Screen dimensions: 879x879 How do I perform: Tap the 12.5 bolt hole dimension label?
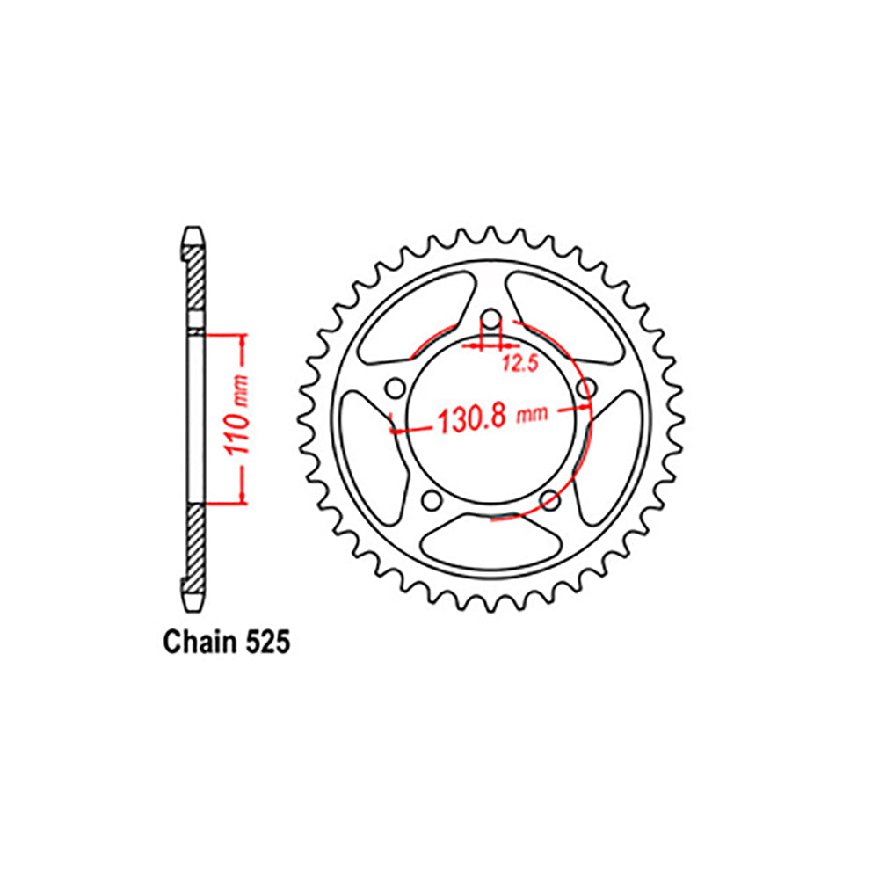point(519,365)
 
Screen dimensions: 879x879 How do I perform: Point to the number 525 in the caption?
point(263,643)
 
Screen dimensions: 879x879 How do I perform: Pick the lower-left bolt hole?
point(431,500)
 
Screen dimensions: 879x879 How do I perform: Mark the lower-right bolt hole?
point(551,500)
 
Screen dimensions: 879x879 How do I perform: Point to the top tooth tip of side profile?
point(194,236)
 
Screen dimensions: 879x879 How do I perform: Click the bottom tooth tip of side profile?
point(194,601)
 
